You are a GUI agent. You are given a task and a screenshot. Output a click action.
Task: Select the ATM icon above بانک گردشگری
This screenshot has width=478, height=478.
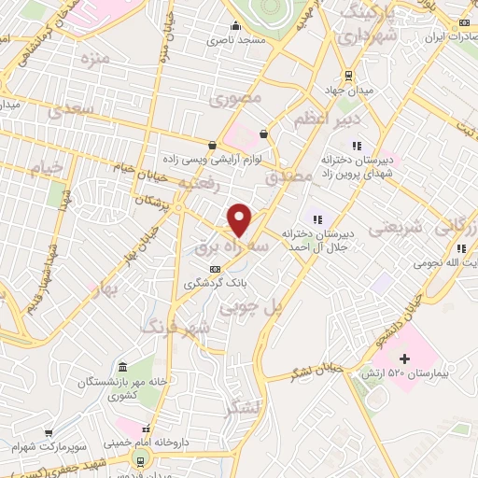tap(216, 269)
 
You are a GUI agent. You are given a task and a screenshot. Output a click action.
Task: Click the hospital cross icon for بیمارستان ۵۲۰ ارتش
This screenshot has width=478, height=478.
tap(404, 358)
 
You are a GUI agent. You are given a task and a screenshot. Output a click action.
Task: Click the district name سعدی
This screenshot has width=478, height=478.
tap(74, 111)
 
